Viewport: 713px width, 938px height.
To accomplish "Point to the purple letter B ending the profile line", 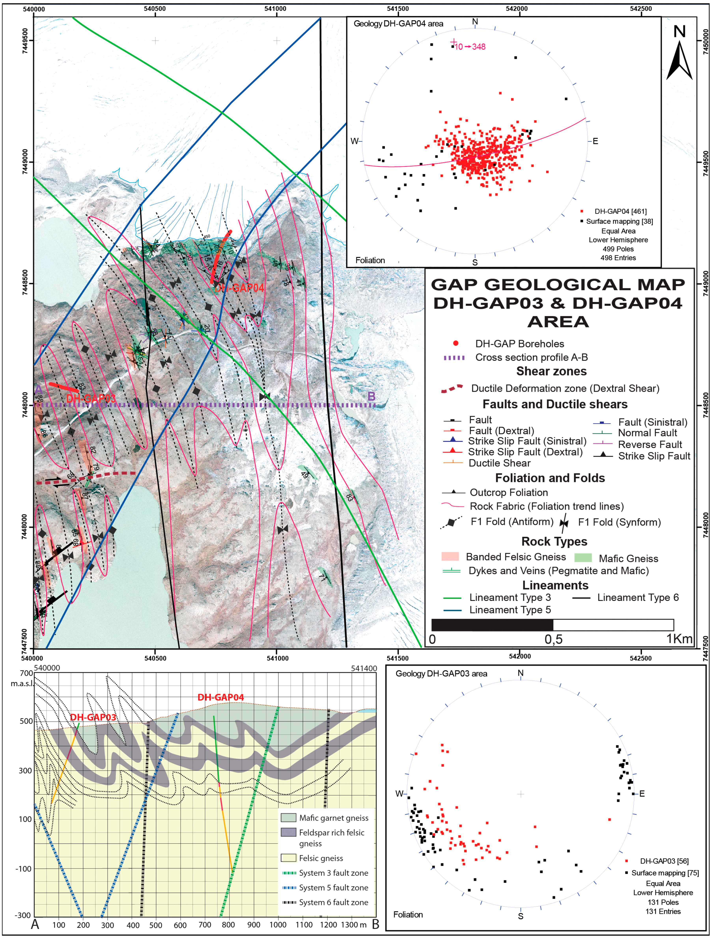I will click(371, 396).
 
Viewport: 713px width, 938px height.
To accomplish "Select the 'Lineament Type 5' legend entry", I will click(509, 610).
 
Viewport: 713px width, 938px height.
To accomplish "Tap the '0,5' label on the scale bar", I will click(553, 639).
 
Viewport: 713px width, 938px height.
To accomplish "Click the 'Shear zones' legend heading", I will click(551, 371).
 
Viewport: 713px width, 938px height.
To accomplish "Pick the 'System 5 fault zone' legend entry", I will click(333, 888).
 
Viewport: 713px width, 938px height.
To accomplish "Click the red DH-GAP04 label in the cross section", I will click(221, 697).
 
